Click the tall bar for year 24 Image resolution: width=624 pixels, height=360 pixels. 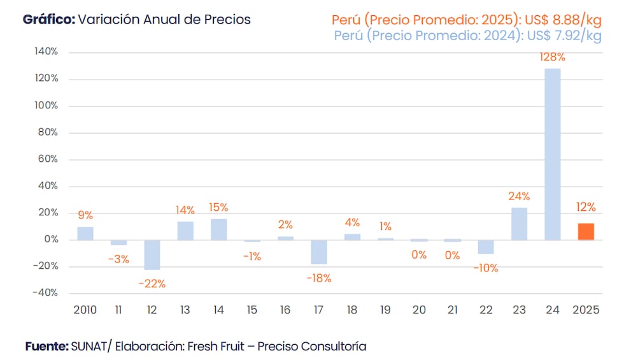click(x=553, y=154)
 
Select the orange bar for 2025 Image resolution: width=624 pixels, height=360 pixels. click(x=586, y=231)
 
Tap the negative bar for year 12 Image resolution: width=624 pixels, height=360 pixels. click(x=152, y=255)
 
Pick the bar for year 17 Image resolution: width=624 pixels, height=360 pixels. click(x=318, y=252)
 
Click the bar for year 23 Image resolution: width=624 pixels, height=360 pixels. click(x=519, y=224)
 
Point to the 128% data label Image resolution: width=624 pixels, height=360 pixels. click(x=552, y=57)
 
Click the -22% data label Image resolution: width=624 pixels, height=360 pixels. click(x=152, y=284)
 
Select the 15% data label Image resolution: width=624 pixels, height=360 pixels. click(x=219, y=207)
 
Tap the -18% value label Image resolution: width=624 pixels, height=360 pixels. click(x=318, y=278)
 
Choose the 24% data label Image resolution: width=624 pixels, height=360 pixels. click(x=519, y=196)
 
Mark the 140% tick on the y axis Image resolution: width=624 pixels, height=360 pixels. click(x=46, y=52)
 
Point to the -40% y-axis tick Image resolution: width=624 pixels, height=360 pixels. click(x=45, y=293)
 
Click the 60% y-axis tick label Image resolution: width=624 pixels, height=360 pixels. click(x=48, y=159)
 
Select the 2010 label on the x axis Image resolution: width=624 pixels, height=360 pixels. click(x=85, y=310)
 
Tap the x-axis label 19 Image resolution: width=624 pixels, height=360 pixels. click(x=385, y=310)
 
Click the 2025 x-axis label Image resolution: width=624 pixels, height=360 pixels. click(x=586, y=310)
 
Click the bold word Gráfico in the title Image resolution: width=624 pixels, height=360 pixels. click(x=48, y=19)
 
